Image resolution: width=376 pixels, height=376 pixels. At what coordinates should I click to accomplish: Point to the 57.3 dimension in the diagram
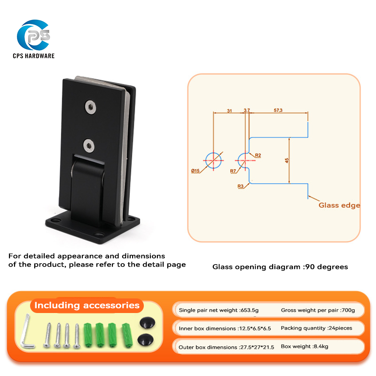pyautogui.click(x=278, y=110)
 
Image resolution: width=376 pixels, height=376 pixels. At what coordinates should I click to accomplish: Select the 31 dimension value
pyautogui.click(x=229, y=110)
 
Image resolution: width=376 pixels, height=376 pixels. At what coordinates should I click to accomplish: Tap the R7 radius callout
pyautogui.click(x=233, y=171)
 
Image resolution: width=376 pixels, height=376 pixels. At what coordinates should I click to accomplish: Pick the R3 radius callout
pyautogui.click(x=241, y=186)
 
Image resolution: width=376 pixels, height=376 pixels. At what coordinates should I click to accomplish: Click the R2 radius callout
pyautogui.click(x=258, y=155)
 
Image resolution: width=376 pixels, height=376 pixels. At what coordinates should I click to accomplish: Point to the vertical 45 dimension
pyautogui.click(x=287, y=160)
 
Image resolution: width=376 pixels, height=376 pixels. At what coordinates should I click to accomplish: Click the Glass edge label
pyautogui.click(x=339, y=205)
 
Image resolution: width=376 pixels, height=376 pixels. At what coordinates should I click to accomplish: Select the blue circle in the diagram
pyautogui.click(x=213, y=160)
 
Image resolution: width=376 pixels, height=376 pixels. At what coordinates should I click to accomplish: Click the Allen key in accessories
pyautogui.click(x=27, y=334)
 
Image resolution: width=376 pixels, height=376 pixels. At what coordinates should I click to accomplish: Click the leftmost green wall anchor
pyautogui.click(x=87, y=334)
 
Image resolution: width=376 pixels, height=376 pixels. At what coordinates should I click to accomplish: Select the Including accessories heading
pyautogui.click(x=87, y=305)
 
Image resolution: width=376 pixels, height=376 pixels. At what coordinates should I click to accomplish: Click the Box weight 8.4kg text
pyautogui.click(x=304, y=346)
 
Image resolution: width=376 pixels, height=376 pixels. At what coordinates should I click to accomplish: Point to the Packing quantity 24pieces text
pyautogui.click(x=316, y=328)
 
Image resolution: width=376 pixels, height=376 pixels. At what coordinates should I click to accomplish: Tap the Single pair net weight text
pyautogui.click(x=219, y=310)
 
